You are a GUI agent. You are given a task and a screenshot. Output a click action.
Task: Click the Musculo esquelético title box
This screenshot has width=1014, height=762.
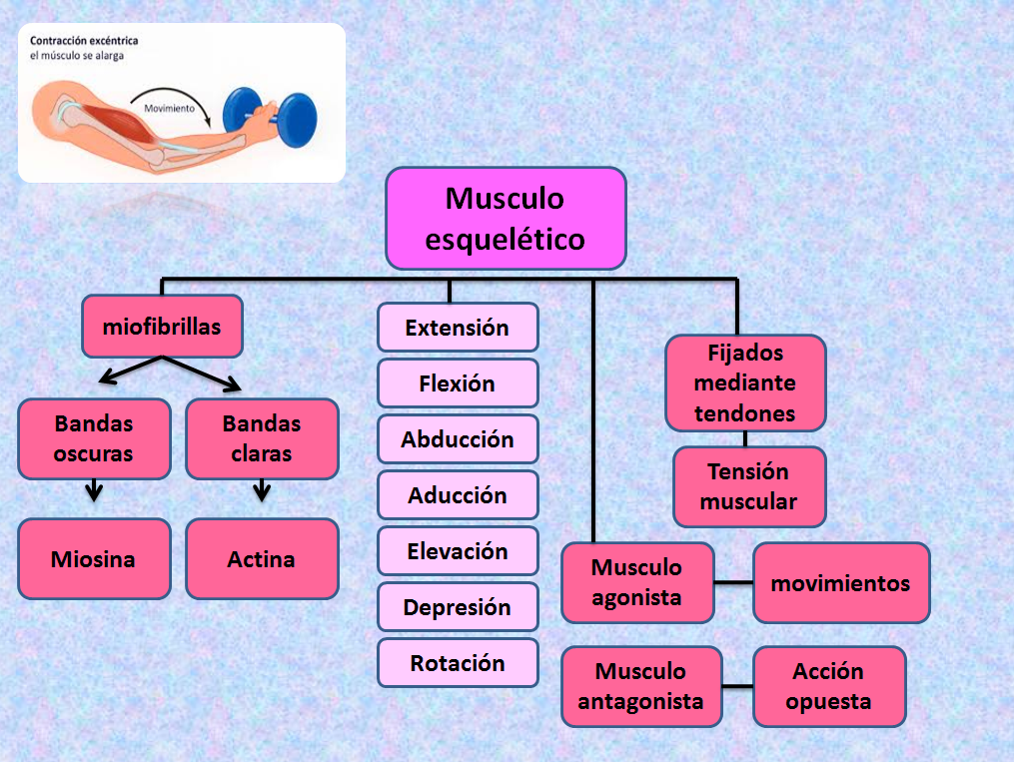click(x=506, y=219)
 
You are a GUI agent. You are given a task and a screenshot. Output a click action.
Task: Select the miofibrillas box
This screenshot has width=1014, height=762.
click(x=162, y=327)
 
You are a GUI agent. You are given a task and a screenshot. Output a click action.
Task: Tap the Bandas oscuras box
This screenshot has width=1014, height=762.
click(x=94, y=438)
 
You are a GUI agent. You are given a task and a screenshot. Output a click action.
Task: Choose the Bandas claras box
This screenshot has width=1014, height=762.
click(x=262, y=438)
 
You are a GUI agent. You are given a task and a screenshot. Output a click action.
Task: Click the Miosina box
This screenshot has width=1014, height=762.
click(x=94, y=558)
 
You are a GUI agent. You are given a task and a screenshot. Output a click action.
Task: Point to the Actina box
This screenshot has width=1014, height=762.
click(x=262, y=558)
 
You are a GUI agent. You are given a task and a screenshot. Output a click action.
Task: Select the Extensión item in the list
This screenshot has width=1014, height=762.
click(x=458, y=328)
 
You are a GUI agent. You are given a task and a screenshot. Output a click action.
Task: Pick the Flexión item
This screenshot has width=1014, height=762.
click(x=458, y=383)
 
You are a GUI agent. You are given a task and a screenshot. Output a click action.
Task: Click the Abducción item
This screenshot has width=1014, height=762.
click(x=458, y=439)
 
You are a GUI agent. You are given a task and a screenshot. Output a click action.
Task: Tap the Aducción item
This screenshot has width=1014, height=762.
click(x=458, y=495)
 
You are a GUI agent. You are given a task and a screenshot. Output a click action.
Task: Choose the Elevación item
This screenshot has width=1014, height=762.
click(x=458, y=551)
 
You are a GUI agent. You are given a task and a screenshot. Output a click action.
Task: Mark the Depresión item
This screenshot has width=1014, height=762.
click(x=458, y=607)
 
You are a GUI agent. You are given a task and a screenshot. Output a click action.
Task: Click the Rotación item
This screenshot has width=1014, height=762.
click(x=458, y=663)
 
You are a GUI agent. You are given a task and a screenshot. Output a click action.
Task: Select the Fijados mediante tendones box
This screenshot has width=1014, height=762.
click(x=745, y=382)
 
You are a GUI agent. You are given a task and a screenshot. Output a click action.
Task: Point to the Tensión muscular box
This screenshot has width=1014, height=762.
click(x=749, y=486)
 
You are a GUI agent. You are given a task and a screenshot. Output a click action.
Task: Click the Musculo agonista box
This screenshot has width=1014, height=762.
click(x=637, y=582)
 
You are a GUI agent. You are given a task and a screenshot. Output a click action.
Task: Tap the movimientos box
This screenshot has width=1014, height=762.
click(x=841, y=582)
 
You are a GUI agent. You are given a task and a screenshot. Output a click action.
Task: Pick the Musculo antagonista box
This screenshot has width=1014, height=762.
click(x=641, y=686)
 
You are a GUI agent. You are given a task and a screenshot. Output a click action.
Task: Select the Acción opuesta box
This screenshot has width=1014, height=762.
click(x=829, y=686)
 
